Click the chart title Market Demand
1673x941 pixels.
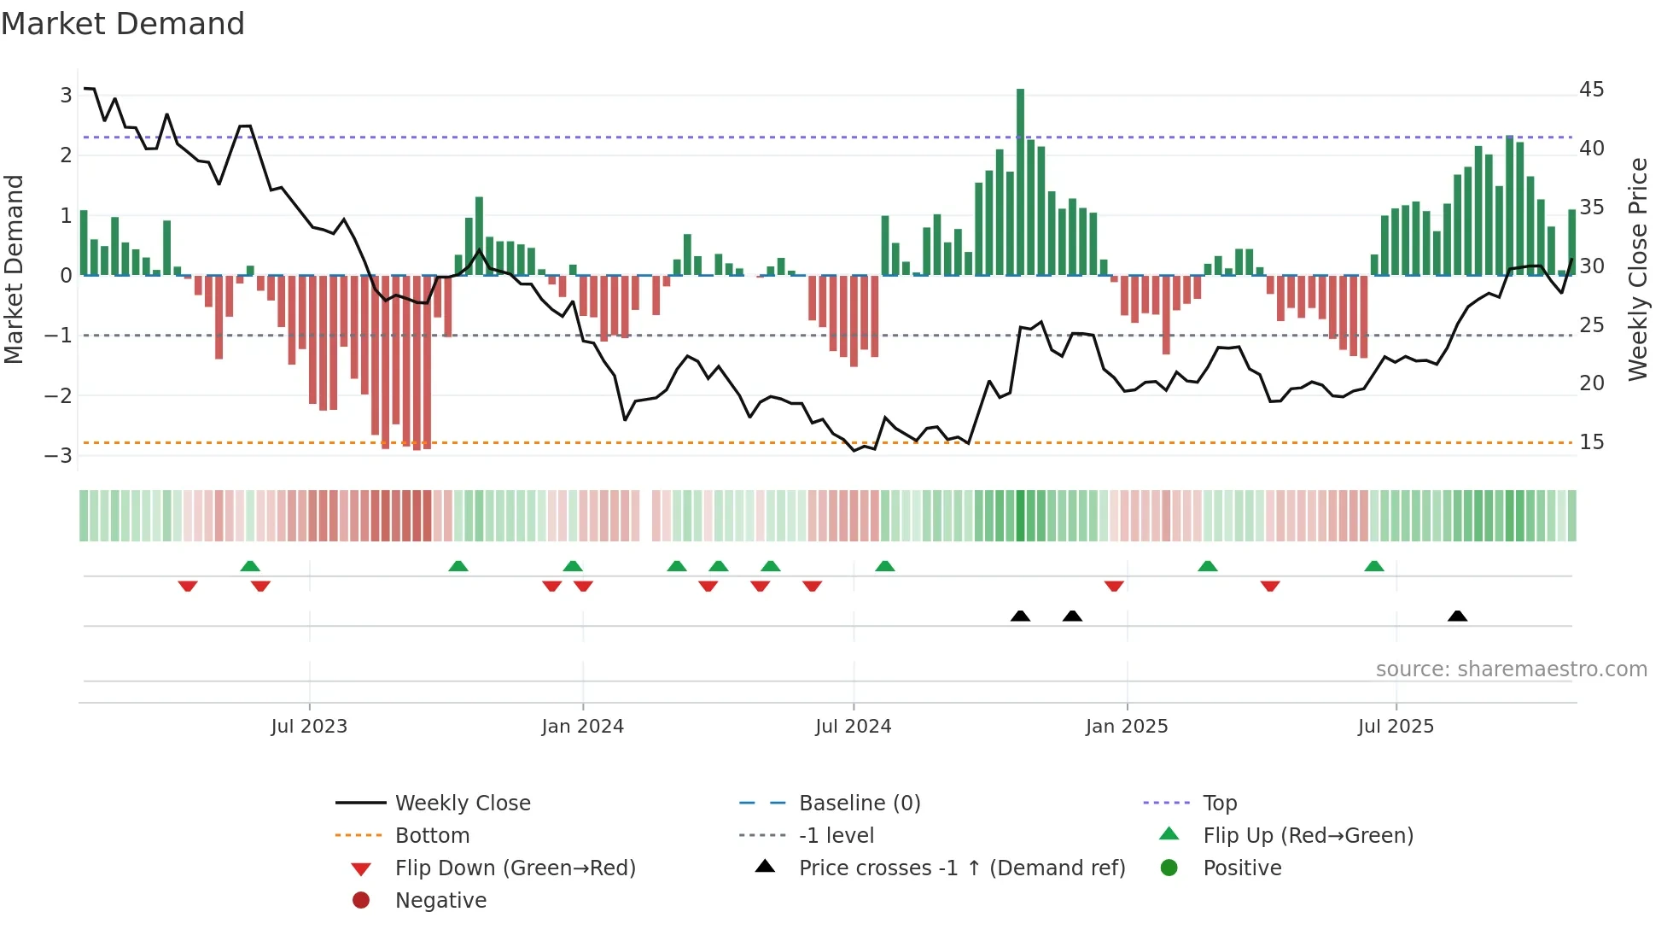pyautogui.click(x=123, y=24)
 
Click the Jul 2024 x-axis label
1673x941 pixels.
pyautogui.click(x=853, y=727)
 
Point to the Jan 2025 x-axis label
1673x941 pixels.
pyautogui.click(x=1126, y=727)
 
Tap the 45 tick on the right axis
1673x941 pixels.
pyautogui.click(x=1591, y=90)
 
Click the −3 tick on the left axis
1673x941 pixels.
pyautogui.click(x=59, y=455)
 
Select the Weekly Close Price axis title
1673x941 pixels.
pyautogui.click(x=1637, y=269)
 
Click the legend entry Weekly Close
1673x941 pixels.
pyautogui.click(x=462, y=804)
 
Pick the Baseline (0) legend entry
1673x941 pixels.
pyautogui.click(x=859, y=804)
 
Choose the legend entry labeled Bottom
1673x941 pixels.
pyautogui.click(x=432, y=836)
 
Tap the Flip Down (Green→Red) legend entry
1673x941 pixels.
pyautogui.click(x=515, y=868)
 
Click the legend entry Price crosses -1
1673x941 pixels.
pyautogui.click(x=961, y=868)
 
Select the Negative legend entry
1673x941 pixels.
pyautogui.click(x=440, y=901)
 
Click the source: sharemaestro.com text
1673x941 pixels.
pyautogui.click(x=1511, y=669)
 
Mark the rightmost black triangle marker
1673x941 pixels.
pyautogui.click(x=1457, y=616)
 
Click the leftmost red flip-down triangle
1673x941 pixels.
pyautogui.click(x=188, y=586)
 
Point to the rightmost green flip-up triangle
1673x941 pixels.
pyautogui.click(x=1373, y=566)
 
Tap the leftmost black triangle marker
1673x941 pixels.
pyautogui.click(x=1020, y=616)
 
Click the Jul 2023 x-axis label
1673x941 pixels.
pyautogui.click(x=309, y=727)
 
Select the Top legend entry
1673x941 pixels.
pyautogui.click(x=1219, y=804)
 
